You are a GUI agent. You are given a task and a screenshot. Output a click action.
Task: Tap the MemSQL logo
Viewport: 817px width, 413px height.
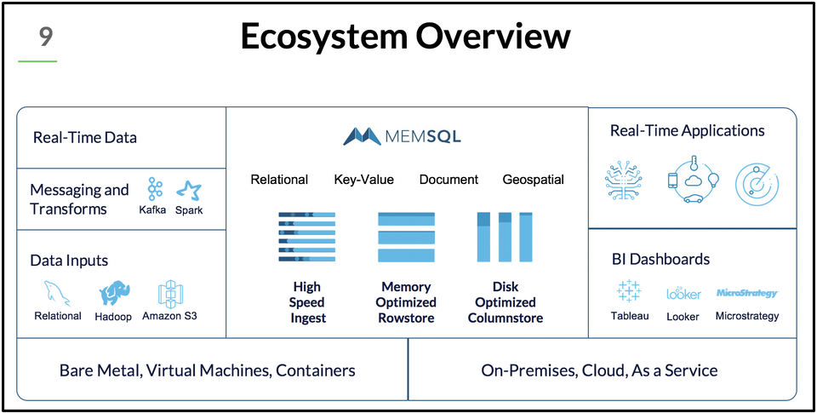coord(403,136)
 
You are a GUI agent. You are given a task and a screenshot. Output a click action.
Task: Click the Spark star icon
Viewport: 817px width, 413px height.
coord(188,190)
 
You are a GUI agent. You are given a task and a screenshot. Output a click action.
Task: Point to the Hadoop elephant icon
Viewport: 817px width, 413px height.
coord(114,294)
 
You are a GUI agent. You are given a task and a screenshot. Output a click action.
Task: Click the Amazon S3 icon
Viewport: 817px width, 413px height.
coord(172,294)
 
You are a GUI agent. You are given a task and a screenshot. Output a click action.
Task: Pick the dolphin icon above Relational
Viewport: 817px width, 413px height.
coord(57,294)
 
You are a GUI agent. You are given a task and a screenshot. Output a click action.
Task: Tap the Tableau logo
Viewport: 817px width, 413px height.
coord(629,291)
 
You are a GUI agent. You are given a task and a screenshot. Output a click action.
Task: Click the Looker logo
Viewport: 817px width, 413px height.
coord(683,293)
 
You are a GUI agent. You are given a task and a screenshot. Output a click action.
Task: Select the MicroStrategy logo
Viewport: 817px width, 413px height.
coord(746,293)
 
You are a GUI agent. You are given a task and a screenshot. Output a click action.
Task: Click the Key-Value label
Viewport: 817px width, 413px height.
coord(363,180)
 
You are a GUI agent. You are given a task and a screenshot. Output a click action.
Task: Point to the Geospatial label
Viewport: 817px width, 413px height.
coord(533,180)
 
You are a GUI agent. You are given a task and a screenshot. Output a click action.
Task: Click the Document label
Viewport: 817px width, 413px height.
coord(448,180)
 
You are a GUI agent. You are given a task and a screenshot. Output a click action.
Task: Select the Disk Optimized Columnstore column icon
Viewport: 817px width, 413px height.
coord(505,237)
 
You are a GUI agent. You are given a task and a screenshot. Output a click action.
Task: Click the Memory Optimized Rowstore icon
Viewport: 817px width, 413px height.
coord(406,237)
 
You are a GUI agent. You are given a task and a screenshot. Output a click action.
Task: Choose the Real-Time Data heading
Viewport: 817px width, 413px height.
coord(85,137)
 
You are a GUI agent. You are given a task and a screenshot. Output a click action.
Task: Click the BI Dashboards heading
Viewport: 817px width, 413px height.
coord(660,259)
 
